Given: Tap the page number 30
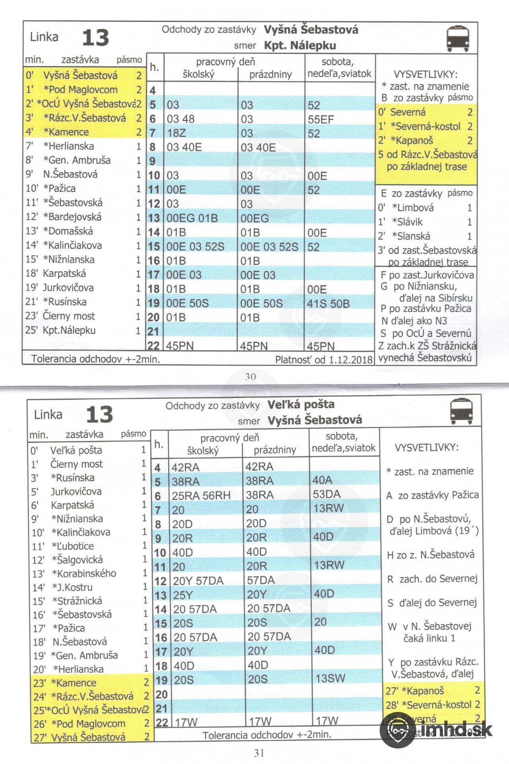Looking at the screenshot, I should [250, 376].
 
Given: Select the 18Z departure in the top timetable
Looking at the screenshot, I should [176, 133].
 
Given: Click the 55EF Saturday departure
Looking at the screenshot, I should [321, 119].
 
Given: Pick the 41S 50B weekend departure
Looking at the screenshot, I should [328, 304].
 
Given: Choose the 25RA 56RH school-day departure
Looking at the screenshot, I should [201, 496].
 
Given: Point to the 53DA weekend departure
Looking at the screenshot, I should [326, 494].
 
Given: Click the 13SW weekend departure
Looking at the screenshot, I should [330, 678].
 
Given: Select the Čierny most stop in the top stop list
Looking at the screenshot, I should [69, 316].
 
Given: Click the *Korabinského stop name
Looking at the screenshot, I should [84, 573].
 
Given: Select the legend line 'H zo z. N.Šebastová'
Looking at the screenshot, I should [431, 555].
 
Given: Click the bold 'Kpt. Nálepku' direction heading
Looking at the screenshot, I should [300, 45].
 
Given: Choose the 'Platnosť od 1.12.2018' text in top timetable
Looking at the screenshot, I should [324, 360].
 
